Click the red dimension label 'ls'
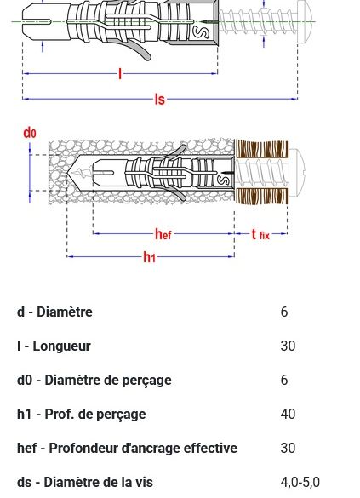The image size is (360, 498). pyautogui.click(x=159, y=100)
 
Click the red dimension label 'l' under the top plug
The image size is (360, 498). pyautogui.click(x=120, y=74)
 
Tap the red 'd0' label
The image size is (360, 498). pyautogui.click(x=30, y=133)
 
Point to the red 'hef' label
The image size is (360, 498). pyautogui.click(x=163, y=234)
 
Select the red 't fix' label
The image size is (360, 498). pyautogui.click(x=260, y=234)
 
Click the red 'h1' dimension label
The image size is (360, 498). pyautogui.click(x=149, y=257)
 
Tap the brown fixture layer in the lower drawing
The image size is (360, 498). pyautogui.click(x=248, y=174)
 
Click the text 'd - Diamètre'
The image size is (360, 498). pyautogui.click(x=54, y=312)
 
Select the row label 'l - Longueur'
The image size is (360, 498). pyautogui.click(x=54, y=346)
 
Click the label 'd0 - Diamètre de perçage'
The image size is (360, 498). pyautogui.click(x=94, y=381)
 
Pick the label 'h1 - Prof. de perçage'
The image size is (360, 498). pyautogui.click(x=82, y=415)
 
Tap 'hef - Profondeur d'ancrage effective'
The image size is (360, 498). pyautogui.click(x=127, y=449)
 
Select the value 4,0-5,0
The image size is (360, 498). pyautogui.click(x=300, y=483)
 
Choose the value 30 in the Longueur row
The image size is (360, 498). pyautogui.click(x=288, y=346)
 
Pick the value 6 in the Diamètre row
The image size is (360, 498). pyautogui.click(x=284, y=312)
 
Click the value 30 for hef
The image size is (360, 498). pyautogui.click(x=288, y=449)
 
